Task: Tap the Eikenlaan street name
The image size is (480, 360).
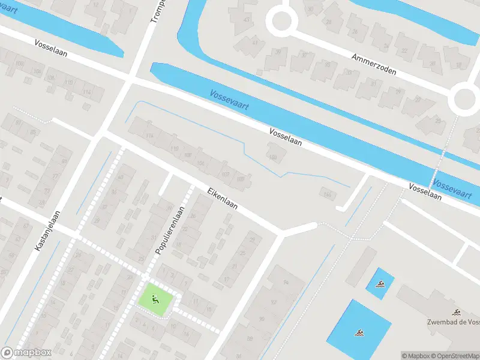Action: coord(223,199)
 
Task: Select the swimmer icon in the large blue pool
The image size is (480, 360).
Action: coord(359,332)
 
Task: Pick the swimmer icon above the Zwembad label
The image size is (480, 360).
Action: coord(457,312)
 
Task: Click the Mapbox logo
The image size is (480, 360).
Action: coord(26,353)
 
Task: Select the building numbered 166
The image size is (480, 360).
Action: coord(328,193)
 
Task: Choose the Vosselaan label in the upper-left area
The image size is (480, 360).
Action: coord(50,49)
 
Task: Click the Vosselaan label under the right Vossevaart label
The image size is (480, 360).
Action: coord(425,191)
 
